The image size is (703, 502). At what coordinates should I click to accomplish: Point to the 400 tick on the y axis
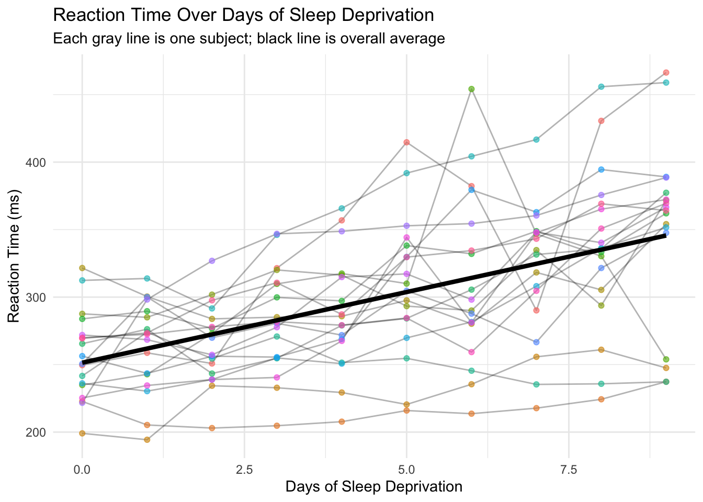[36, 162]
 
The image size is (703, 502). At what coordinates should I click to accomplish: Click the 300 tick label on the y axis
[36, 297]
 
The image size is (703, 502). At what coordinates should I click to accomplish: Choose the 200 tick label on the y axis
[36, 432]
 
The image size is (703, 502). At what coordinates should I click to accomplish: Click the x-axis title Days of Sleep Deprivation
[373, 487]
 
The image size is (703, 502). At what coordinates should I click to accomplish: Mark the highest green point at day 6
[471, 89]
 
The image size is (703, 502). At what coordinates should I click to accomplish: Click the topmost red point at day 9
[666, 73]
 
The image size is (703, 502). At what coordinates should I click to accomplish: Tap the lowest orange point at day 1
[147, 440]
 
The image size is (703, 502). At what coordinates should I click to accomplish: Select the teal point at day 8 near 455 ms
[601, 87]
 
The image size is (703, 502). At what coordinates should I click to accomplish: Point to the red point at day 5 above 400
[406, 142]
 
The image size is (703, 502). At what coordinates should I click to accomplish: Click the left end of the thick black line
[83, 363]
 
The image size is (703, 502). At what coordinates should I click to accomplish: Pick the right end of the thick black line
[665, 235]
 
